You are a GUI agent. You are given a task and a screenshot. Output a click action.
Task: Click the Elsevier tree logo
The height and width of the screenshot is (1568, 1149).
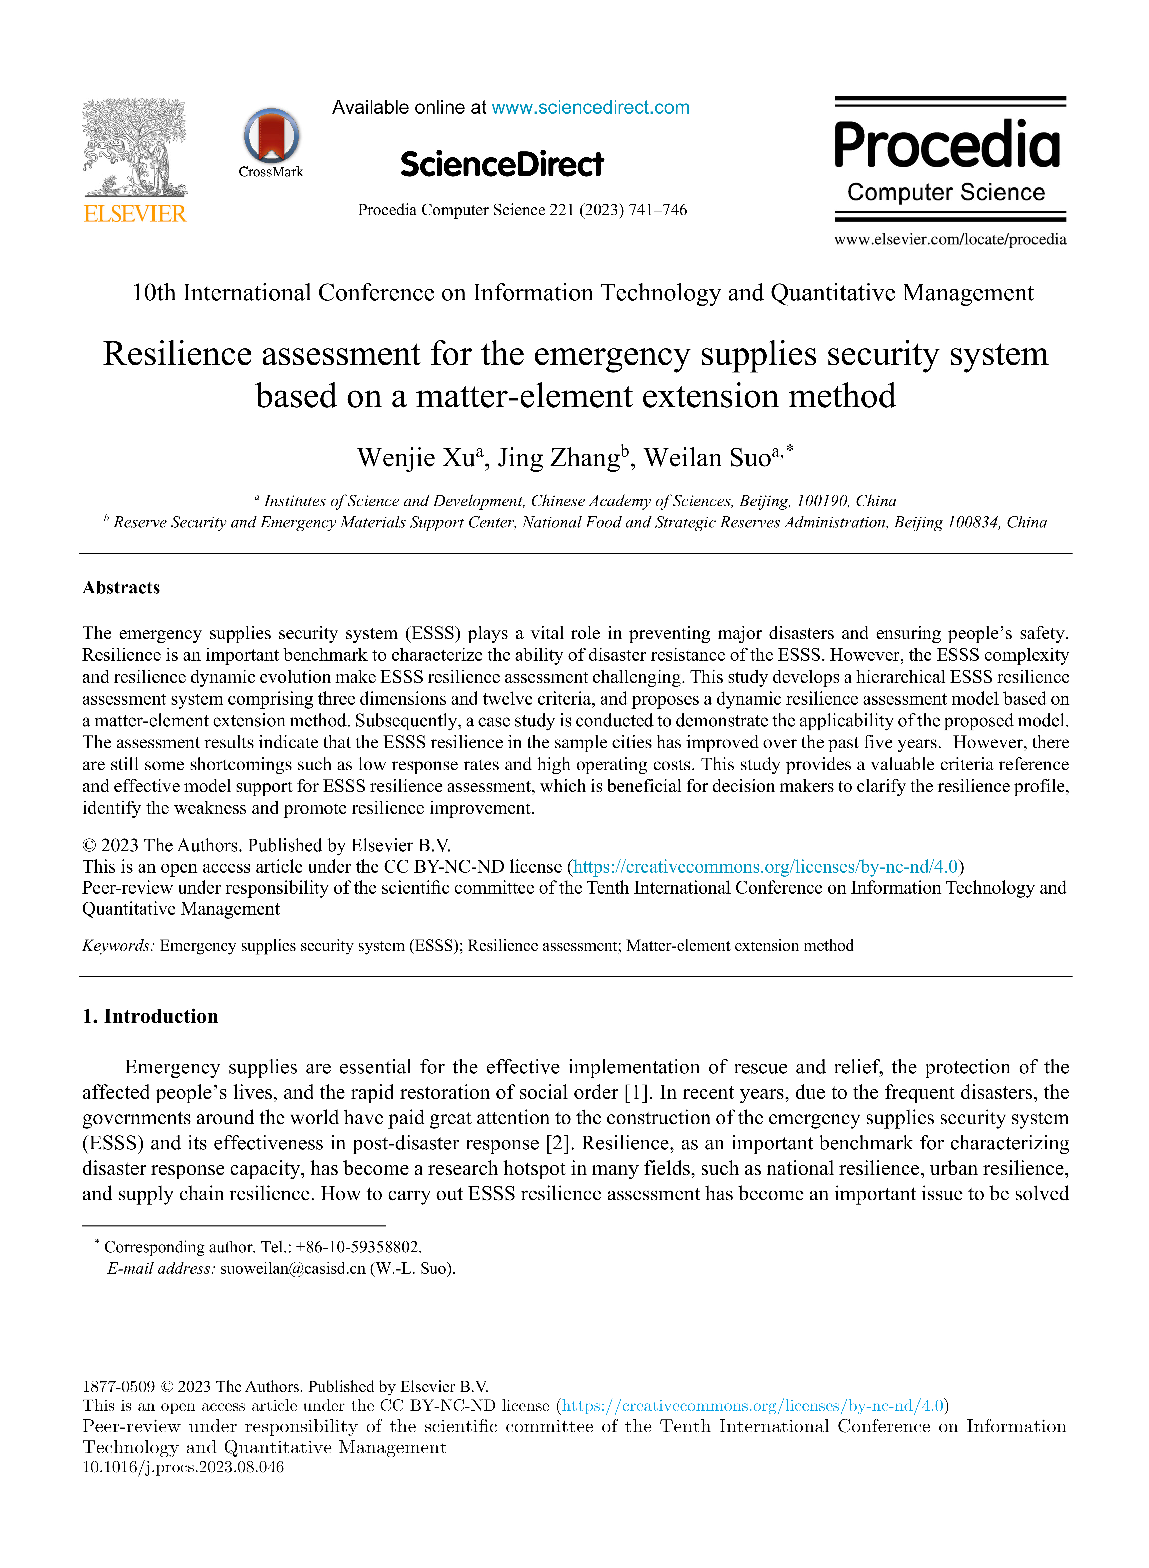click(x=135, y=147)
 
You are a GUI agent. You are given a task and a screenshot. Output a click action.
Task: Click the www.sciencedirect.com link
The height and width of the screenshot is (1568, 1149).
click(x=590, y=108)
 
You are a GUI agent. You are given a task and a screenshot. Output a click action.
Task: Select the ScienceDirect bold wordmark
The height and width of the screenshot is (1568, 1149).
click(x=502, y=165)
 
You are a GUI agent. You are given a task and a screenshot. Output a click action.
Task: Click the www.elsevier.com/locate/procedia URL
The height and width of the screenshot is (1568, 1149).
click(x=950, y=239)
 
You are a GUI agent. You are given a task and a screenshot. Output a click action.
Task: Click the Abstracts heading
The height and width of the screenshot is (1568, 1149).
click(x=121, y=588)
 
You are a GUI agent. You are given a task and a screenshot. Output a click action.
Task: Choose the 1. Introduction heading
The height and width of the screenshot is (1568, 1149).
click(x=150, y=1016)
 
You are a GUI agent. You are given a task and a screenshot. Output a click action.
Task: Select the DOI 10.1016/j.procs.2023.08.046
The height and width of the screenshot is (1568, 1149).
click(x=183, y=1467)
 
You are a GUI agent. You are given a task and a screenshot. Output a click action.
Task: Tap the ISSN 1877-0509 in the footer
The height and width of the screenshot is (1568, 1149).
click(x=118, y=1386)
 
